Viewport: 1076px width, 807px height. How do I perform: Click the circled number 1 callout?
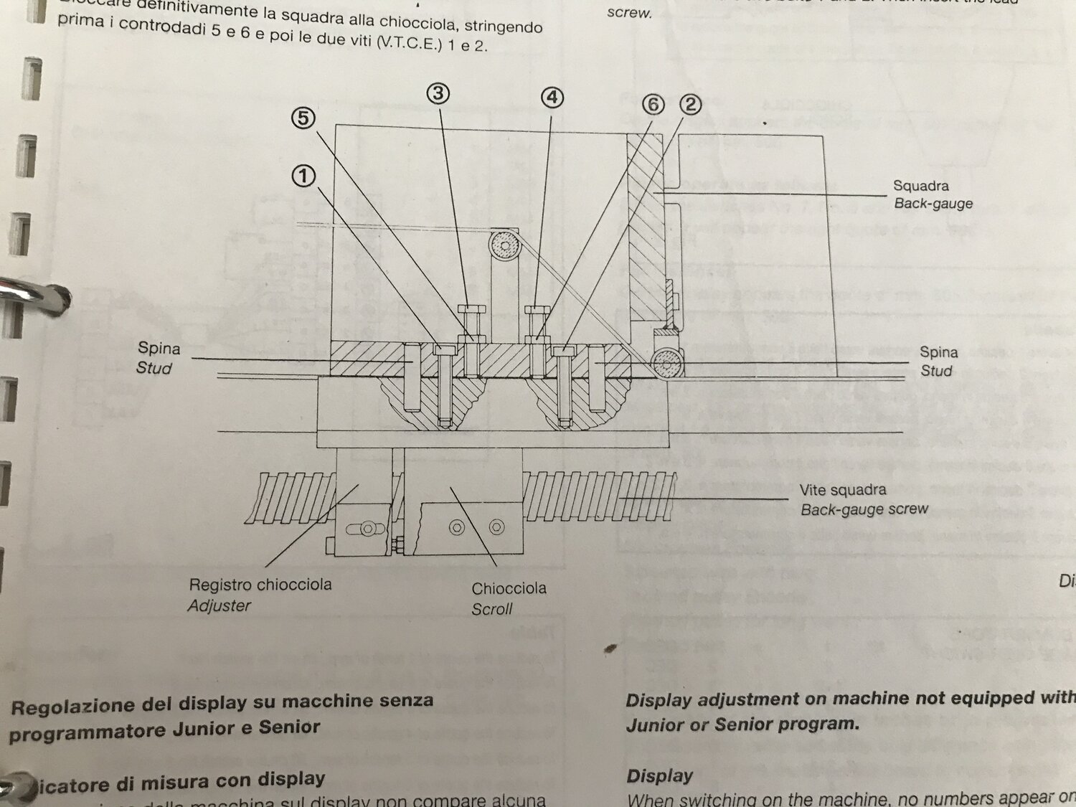pos(303,176)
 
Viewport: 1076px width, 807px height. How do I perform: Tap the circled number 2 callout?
pos(690,105)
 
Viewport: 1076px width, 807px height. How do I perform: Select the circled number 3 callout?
pos(438,93)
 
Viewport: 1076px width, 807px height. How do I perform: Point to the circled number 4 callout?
pos(552,98)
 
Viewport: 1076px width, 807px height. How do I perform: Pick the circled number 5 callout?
pos(303,118)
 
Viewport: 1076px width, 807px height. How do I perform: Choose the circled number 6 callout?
pos(653,105)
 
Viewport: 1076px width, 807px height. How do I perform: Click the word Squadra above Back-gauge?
pos(920,185)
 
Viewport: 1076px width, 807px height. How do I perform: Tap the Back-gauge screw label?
pos(864,509)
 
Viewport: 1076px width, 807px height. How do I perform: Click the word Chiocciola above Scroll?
pos(509,588)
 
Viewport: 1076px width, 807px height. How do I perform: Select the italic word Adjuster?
pos(219,606)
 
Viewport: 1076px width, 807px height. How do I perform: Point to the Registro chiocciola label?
pos(260,585)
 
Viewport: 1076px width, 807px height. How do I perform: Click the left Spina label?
pos(159,349)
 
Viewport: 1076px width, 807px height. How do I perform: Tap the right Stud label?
pos(936,371)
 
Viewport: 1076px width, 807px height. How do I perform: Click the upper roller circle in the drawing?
pos(504,245)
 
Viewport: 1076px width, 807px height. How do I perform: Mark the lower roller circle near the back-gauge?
pos(667,363)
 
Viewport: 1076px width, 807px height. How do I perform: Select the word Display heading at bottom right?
pos(659,776)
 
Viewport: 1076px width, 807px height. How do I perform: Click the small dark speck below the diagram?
pos(610,648)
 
